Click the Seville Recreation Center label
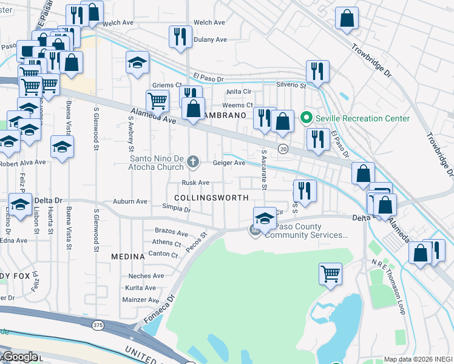pos(363,118)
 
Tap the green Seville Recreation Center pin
pos(307,118)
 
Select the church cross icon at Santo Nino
pos(193,161)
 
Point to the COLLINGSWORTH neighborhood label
pos(211,198)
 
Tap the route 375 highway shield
pos(98,326)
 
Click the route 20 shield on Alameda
pos(283,149)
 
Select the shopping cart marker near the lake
pos(330,273)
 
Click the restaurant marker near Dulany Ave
pos(180,36)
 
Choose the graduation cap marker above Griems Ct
pos(138,62)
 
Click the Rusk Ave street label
pos(195,183)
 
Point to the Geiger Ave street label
pos(229,163)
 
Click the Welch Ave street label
pos(118,23)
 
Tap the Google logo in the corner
pos(19,357)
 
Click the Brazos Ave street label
pos(172,232)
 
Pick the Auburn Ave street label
pos(130,201)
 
